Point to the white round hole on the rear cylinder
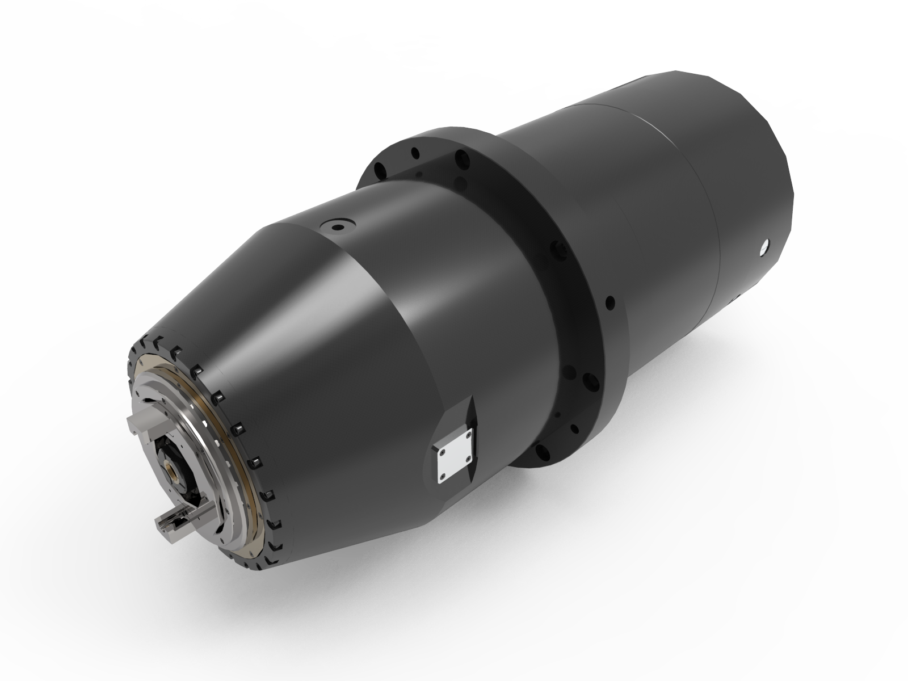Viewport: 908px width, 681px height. [764, 247]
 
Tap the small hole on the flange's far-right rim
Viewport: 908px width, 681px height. [611, 301]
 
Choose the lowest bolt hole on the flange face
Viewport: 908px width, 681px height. [544, 452]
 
